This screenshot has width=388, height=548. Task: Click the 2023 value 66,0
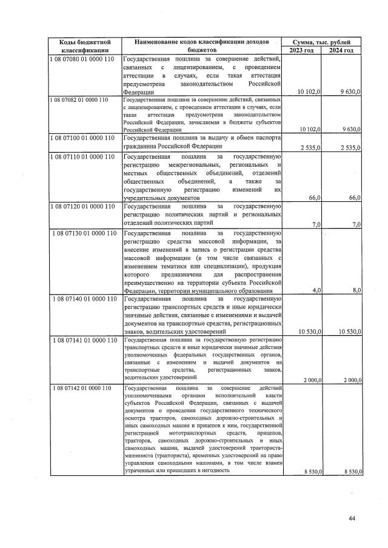tap(315, 198)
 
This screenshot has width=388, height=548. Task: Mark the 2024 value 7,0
tap(356, 225)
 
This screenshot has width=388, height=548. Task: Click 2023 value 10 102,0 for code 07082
tap(309, 129)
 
